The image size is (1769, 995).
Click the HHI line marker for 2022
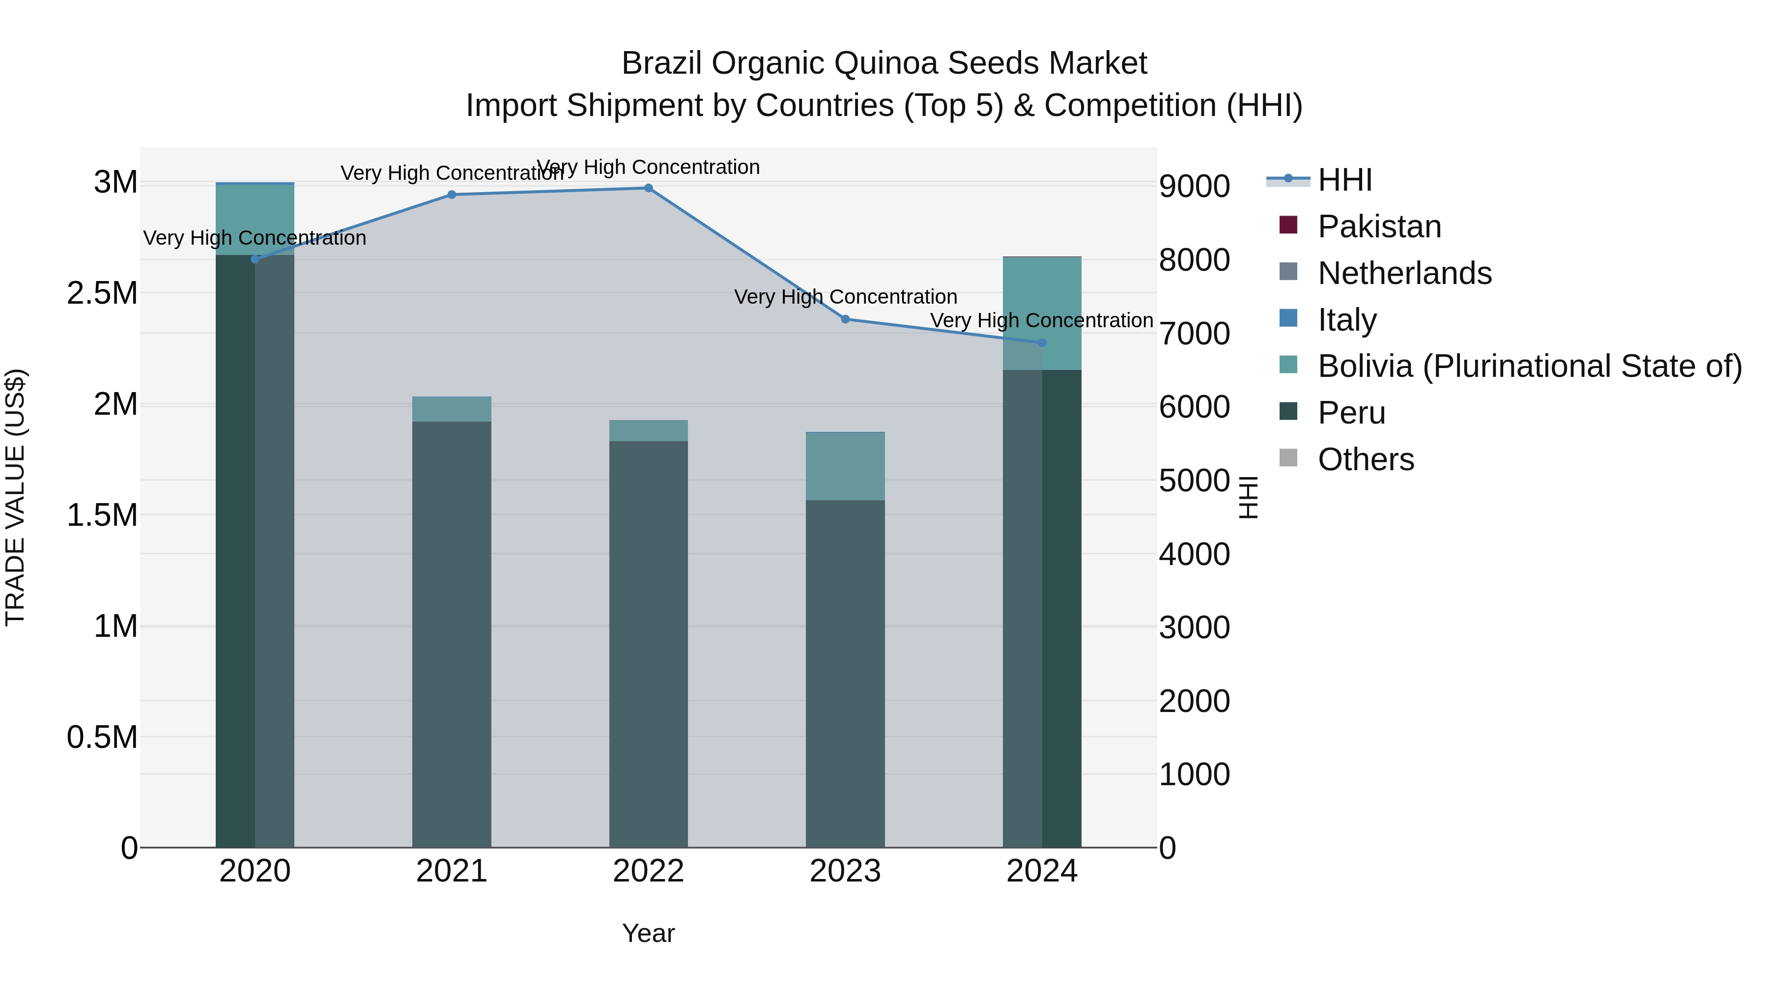click(x=648, y=188)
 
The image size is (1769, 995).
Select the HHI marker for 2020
click(x=255, y=259)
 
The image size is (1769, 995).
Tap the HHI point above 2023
click(x=845, y=319)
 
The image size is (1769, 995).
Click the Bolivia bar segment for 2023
click(x=845, y=466)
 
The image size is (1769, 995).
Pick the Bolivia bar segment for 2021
click(x=452, y=409)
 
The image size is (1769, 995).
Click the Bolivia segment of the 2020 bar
click(x=255, y=220)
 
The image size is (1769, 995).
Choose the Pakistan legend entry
click(x=1379, y=227)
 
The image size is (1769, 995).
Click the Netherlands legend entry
click(x=1404, y=273)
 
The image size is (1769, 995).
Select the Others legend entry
click(x=1365, y=459)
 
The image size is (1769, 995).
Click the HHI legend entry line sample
click(x=1288, y=179)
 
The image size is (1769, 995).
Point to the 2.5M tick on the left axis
click(x=102, y=293)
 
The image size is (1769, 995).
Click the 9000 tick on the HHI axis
click(x=1194, y=186)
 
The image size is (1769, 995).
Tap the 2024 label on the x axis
click(x=1042, y=871)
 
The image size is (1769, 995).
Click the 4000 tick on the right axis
click(x=1194, y=554)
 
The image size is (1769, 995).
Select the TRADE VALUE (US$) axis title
click(x=15, y=497)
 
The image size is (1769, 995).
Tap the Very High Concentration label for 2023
click(x=845, y=297)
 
